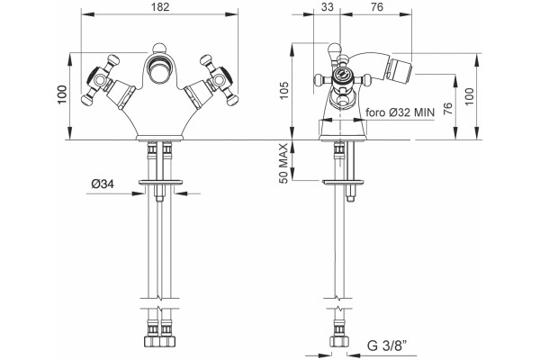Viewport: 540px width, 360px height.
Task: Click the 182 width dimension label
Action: coord(160,6)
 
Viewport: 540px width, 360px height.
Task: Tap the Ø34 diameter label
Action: coord(103,184)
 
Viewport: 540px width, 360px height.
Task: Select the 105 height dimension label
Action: coord(284,91)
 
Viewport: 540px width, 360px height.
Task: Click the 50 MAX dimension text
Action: coord(283,164)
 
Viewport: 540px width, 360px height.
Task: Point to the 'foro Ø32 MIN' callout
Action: coord(400,112)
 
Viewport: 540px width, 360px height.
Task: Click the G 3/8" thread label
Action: coord(387,345)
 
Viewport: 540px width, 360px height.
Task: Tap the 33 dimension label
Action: coord(328,6)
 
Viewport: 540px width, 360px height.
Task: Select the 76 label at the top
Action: coord(377,6)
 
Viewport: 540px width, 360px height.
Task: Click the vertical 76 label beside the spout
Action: coord(447,109)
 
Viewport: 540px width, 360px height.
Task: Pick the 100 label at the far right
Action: coord(470,97)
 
